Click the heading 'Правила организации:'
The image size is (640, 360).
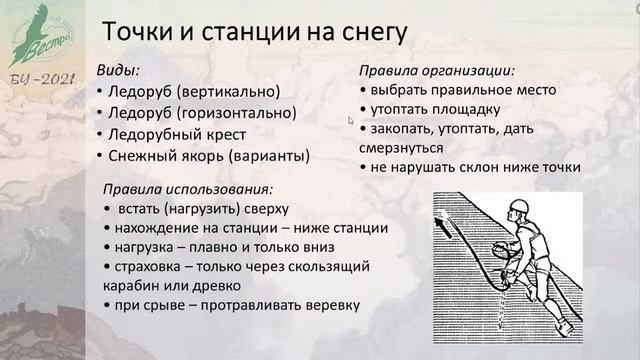click(x=438, y=72)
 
